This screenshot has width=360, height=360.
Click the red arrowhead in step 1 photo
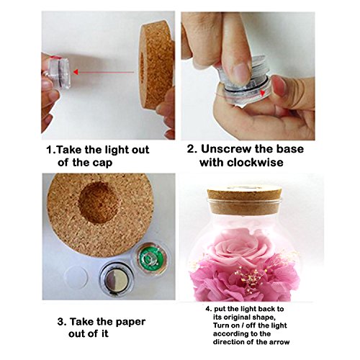coord(76,72)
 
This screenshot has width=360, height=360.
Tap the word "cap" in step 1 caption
coord(102,163)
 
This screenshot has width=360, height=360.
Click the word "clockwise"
coord(255,162)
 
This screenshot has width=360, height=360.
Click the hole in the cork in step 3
coord(99,202)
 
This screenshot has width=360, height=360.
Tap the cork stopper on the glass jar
coord(245,201)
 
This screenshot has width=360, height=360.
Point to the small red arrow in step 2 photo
coord(263,92)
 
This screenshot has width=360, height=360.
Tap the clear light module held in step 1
coord(59,72)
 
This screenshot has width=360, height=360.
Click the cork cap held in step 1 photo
coord(157,65)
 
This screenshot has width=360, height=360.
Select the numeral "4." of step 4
coord(208,309)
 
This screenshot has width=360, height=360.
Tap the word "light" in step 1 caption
coord(112,150)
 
